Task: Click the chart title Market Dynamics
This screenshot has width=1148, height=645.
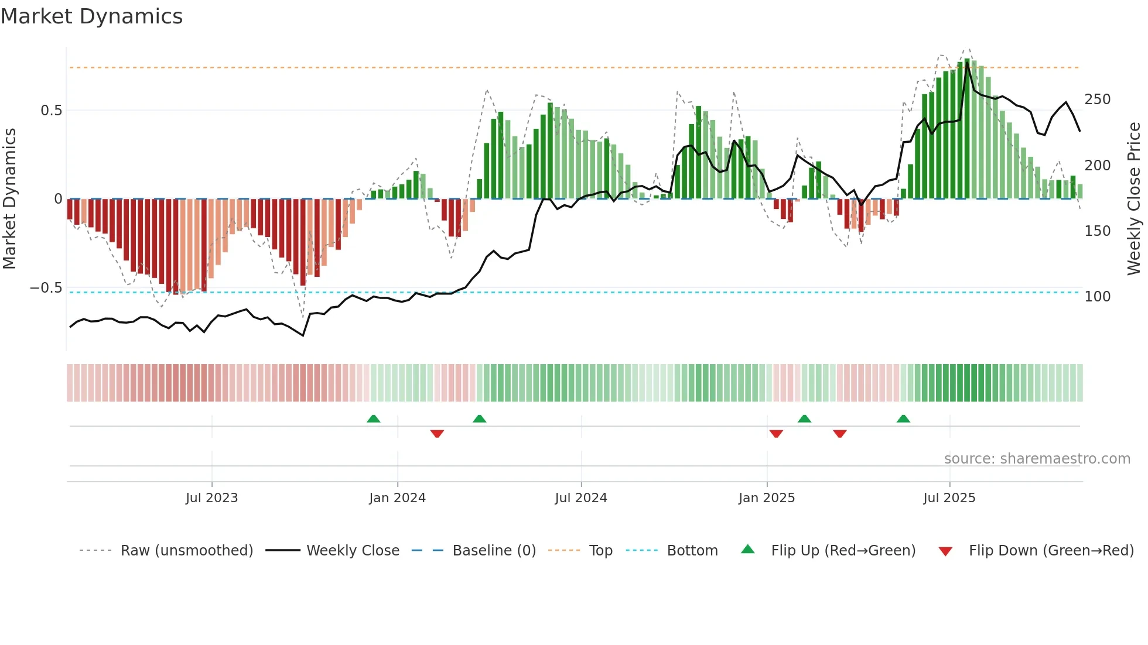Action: coord(91,16)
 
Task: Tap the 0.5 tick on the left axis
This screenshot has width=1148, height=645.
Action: coord(51,111)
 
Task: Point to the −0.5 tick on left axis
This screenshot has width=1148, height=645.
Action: coord(46,288)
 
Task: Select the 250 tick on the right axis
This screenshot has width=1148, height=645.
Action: coord(1097,100)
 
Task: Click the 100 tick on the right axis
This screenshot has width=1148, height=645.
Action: coord(1097,297)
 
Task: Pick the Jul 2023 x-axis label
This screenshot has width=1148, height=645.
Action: coord(211,498)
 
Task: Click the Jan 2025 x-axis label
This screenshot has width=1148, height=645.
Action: coord(766,498)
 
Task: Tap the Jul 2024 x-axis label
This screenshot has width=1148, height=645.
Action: coord(580,498)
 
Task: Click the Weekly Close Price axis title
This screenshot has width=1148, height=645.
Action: coord(1134,199)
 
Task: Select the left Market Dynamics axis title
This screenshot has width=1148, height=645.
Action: coord(9,199)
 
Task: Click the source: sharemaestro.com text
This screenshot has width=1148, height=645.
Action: coord(1037,459)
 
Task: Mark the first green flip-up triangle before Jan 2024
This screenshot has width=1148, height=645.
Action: coord(373,418)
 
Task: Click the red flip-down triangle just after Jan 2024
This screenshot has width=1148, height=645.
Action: coord(437,434)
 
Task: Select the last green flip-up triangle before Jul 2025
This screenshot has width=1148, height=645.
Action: coord(903,418)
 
